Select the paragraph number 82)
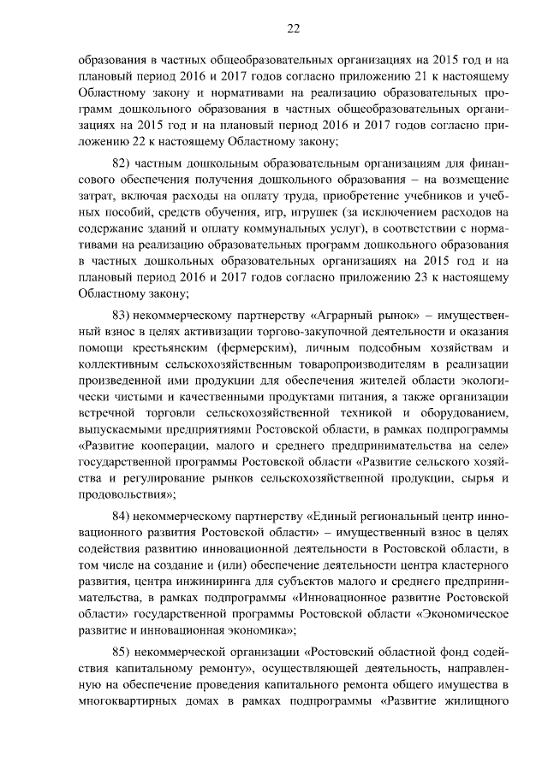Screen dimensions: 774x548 point(124,163)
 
